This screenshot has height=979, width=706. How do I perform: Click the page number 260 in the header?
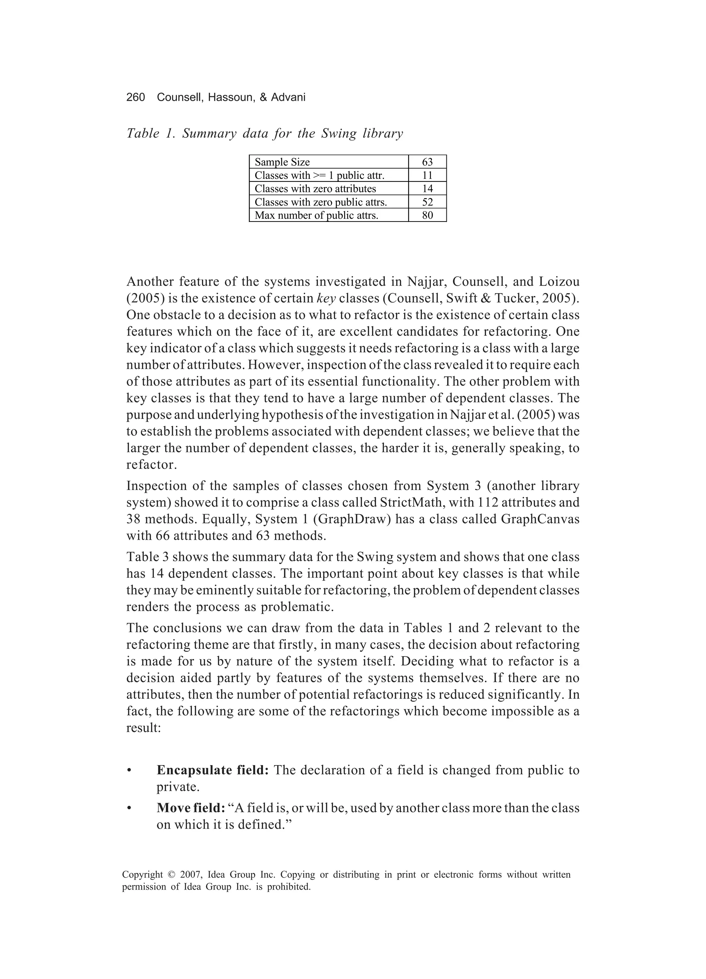pyautogui.click(x=135, y=98)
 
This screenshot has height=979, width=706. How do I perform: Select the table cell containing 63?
pyautogui.click(x=427, y=162)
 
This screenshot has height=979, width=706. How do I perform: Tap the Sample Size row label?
pyautogui.click(x=282, y=162)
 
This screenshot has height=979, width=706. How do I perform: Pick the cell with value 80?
pyautogui.click(x=427, y=215)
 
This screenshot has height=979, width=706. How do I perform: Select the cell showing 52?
pyautogui.click(x=427, y=202)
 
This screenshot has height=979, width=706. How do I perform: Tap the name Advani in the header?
pyautogui.click(x=288, y=98)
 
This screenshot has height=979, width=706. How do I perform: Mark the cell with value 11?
pyautogui.click(x=427, y=175)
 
